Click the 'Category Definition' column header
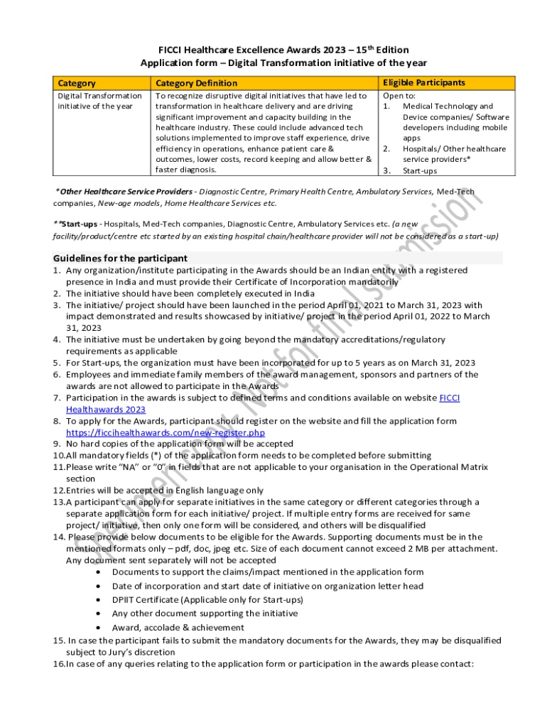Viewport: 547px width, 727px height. coord(197,84)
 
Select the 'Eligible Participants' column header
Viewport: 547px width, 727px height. coord(424,83)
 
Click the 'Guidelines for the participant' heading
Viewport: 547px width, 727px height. coord(121,258)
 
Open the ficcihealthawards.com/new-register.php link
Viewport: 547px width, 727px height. coord(166,432)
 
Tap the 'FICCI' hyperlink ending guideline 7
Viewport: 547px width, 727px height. coord(450,398)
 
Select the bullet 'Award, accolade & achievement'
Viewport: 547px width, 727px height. coord(178,628)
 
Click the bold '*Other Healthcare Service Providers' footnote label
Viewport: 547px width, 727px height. coord(126,192)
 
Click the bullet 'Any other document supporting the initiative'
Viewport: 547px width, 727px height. coord(205,613)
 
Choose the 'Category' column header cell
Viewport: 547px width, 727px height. coord(77,84)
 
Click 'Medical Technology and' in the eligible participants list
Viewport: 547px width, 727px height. coord(448,106)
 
